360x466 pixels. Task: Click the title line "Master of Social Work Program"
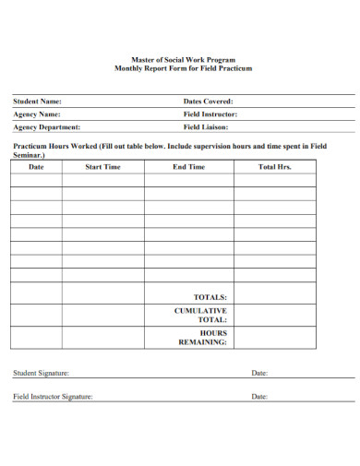182,60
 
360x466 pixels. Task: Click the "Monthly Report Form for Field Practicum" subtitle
182,69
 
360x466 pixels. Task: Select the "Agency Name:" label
36,114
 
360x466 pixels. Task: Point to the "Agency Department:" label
46,127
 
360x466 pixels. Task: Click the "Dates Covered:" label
209,102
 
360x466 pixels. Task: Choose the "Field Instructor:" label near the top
210,114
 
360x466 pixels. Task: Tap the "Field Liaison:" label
205,127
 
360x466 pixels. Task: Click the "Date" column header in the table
36,167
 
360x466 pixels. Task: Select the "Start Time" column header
102,167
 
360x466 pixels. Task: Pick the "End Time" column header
188,167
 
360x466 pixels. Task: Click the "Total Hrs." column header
274,167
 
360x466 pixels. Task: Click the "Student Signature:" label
41,374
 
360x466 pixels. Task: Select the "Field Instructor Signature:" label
53,397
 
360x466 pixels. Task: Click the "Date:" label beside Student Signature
259,374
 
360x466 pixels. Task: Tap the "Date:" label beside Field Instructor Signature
259,397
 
